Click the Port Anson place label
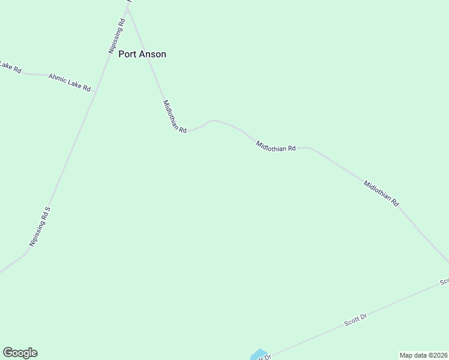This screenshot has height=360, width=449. pos(142,54)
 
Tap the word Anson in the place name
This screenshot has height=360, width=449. pos(153,54)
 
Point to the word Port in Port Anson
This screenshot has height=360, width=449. pos(127,54)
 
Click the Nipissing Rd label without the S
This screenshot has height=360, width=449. pos(116,37)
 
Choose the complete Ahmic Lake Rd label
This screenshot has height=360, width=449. pos(70,83)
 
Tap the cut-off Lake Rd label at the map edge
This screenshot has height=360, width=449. pos(10,67)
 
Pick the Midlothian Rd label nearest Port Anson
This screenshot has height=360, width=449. pos(175,117)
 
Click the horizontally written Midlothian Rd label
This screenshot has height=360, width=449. pos(276,146)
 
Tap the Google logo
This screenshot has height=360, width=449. pos(20,353)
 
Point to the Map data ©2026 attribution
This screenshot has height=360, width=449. pos(423,355)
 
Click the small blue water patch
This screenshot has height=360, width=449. pos(259,355)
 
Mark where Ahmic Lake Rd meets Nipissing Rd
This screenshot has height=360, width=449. pos(96,91)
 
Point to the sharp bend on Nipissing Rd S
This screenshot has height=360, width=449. pos(26,253)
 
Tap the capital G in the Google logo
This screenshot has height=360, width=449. pos(8,353)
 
